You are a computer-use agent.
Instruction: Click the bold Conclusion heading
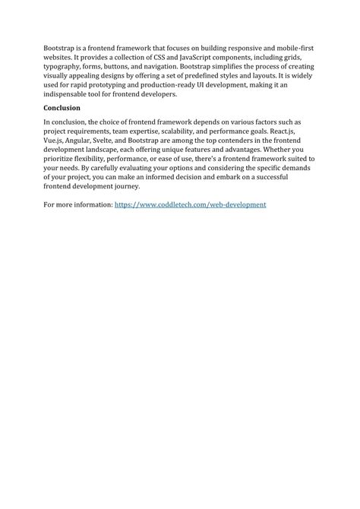coord(62,109)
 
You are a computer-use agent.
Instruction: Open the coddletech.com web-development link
coord(190,205)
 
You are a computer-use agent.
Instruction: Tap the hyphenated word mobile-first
coord(292,48)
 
